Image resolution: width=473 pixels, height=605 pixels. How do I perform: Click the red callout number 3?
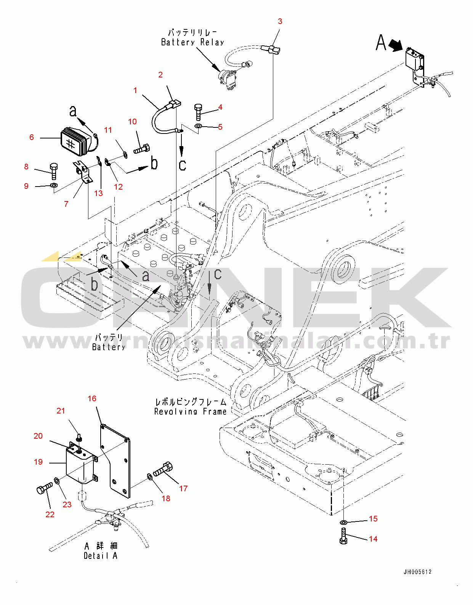coord(280,21)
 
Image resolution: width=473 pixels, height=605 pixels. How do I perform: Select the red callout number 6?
coord(32,137)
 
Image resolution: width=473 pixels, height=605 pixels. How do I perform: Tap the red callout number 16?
coord(92,399)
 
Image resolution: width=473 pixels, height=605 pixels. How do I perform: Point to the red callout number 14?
coord(373,539)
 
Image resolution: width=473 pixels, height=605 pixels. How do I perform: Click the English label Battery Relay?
coord(192,42)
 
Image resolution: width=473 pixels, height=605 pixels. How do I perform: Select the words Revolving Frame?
coord(190,412)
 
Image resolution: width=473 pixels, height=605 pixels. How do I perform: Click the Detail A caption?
coord(101,556)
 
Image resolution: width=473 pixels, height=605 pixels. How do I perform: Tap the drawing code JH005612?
coord(418,572)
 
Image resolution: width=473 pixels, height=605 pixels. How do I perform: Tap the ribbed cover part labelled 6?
coord(76,142)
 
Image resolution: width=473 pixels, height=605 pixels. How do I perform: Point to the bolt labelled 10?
coord(142,149)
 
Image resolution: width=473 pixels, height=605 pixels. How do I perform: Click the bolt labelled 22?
coord(44,489)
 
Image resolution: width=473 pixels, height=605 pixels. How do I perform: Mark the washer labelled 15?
coord(343,522)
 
